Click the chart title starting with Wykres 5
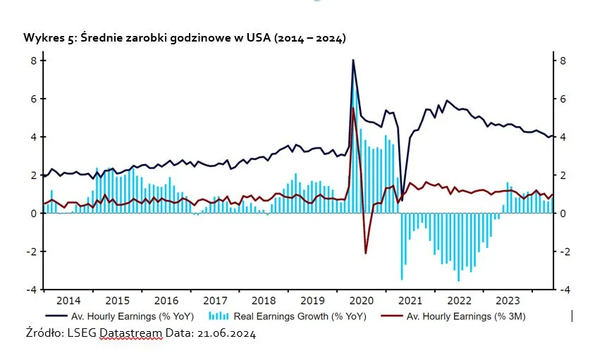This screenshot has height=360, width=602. coord(185,37)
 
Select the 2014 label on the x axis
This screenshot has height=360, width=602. coord(68,299)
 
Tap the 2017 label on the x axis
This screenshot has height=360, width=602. coord(215,299)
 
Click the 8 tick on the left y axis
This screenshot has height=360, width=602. coord(32,61)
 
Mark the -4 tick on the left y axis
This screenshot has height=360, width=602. coord(31,290)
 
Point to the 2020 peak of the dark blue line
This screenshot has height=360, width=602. coord(353,60)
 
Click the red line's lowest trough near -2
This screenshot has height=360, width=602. coord(365,253)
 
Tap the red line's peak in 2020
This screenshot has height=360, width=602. coord(352,108)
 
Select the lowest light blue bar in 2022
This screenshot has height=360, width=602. coord(458,280)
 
